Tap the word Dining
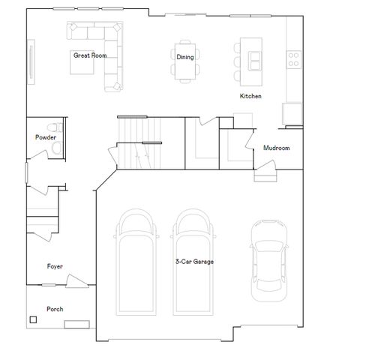click(x=184, y=57)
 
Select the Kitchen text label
click(x=250, y=96)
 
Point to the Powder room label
click(x=45, y=137)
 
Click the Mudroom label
click(x=276, y=148)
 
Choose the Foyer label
click(x=55, y=266)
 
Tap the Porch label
click(x=55, y=309)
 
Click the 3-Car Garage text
click(x=194, y=262)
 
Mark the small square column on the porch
click(x=33, y=320)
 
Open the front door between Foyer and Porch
click(x=76, y=281)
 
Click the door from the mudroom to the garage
click(x=265, y=175)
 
